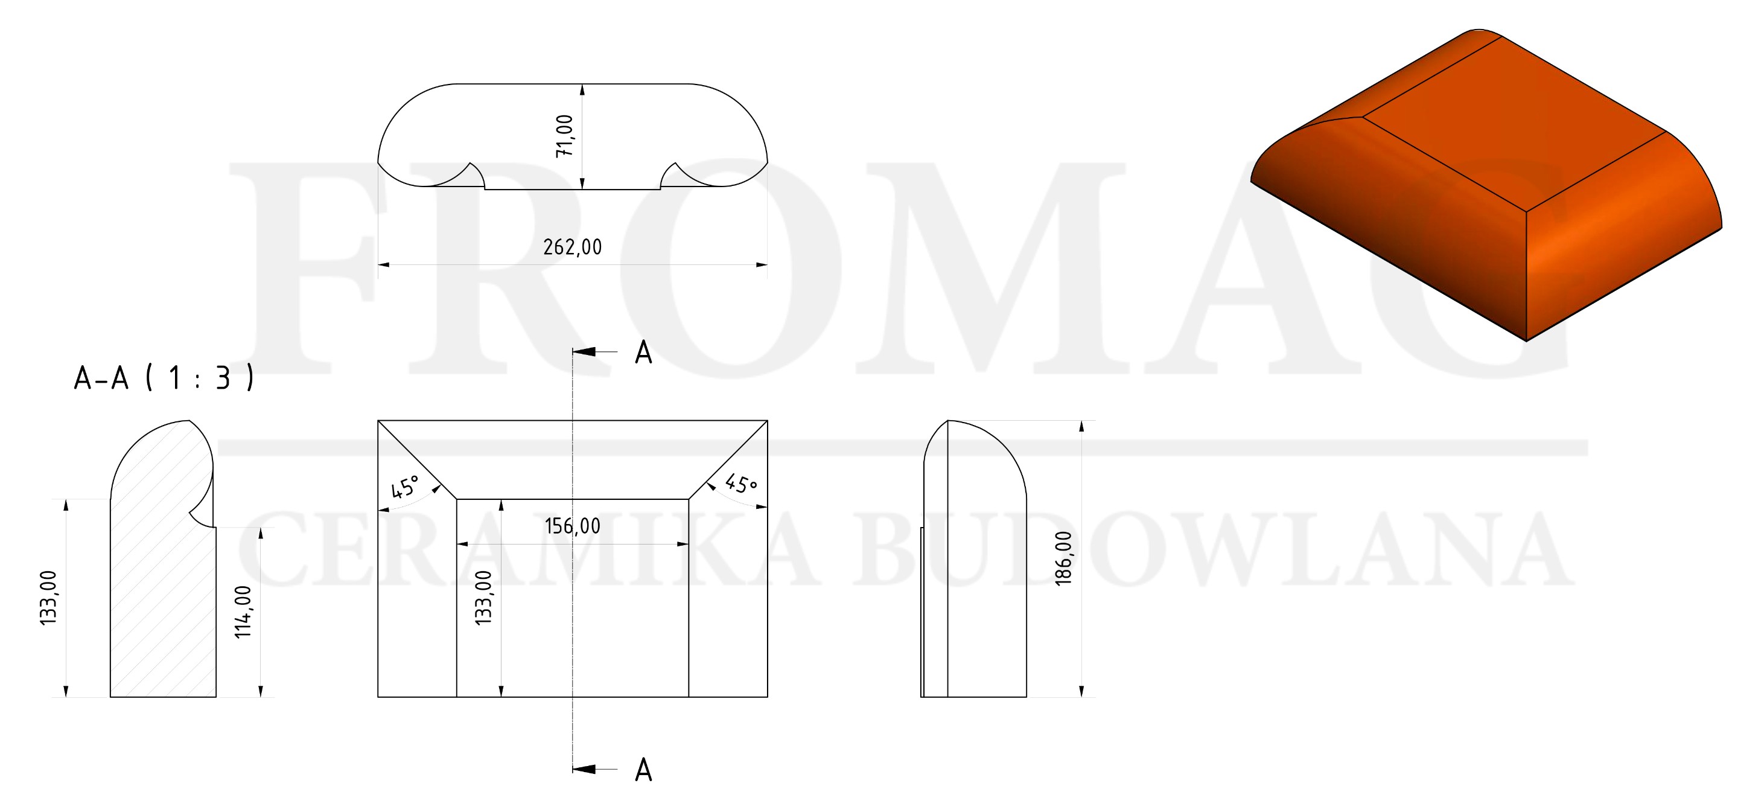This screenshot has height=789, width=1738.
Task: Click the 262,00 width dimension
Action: tap(572, 247)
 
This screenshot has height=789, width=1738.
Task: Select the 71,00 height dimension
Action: tap(564, 136)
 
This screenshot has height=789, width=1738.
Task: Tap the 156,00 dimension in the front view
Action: tap(572, 526)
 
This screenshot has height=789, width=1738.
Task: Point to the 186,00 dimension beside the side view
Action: tap(1063, 558)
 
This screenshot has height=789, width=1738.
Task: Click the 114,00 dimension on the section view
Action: tap(243, 612)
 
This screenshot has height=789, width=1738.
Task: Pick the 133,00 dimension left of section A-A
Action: tap(48, 598)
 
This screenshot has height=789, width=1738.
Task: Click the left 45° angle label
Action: tap(406, 486)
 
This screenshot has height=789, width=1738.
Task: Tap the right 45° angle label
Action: tap(741, 484)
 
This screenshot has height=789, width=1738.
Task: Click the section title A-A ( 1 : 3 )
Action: tap(164, 378)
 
